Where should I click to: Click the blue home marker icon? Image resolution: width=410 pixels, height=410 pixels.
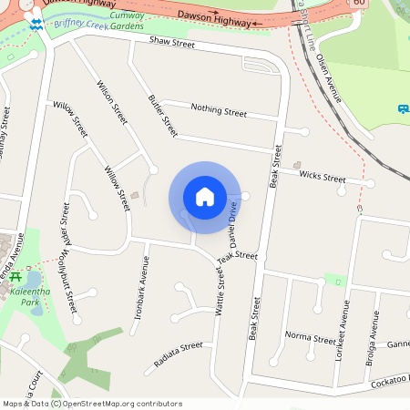pos(205,197)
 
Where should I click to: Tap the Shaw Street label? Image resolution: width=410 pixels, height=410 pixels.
pos(172,42)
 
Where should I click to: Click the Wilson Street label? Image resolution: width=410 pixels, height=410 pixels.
pos(112,102)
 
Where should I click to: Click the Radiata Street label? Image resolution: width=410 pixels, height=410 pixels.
pos(178,354)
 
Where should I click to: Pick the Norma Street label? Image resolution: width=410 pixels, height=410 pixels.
pos(311,337)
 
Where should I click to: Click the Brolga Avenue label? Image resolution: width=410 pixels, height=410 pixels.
pos(374,338)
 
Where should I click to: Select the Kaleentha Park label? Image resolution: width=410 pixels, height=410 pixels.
pos(28,295)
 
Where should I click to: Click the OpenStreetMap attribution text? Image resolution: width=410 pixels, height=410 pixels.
pos(91,403)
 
